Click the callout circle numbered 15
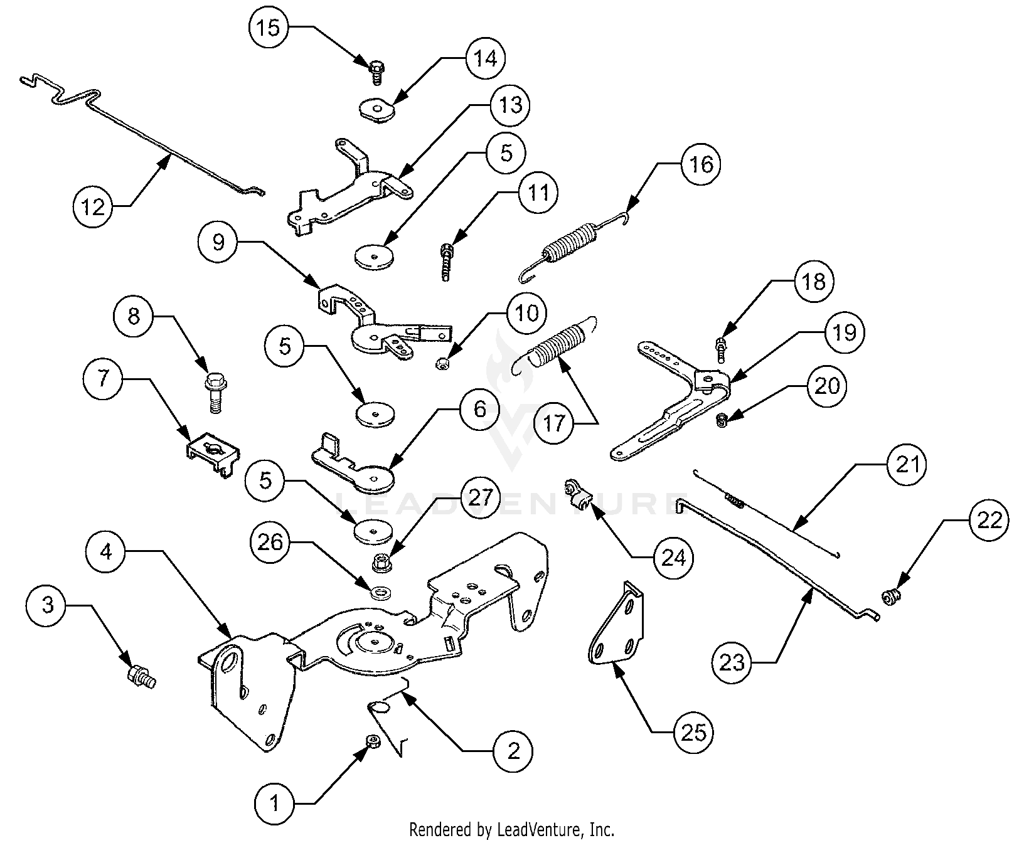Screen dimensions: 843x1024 tap(269, 28)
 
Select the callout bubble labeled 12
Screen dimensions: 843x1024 tap(93, 206)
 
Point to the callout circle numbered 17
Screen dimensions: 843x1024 tap(555, 423)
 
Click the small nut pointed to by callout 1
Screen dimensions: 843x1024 tap(372, 742)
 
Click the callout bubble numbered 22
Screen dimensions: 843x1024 tap(989, 520)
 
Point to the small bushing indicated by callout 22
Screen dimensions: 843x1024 tap(890, 596)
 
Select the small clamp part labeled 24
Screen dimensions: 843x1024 tap(577, 494)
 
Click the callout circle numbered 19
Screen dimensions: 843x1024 tap(844, 331)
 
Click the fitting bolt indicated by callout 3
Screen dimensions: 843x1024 tap(140, 677)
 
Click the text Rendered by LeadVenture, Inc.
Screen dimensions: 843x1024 tap(511, 830)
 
